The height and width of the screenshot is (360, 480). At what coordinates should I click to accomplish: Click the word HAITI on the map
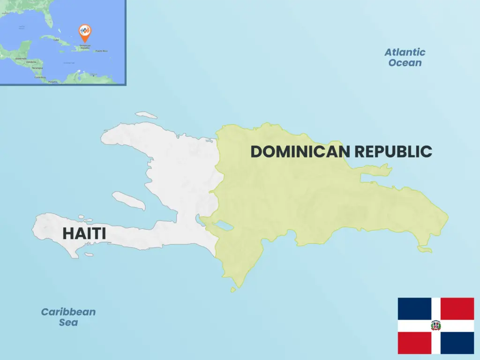click(x=84, y=233)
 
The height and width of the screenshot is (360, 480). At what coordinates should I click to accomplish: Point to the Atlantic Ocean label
click(x=405, y=57)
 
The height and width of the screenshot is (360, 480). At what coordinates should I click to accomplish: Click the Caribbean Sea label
click(x=68, y=317)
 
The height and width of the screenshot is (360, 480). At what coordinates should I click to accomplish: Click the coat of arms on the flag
click(x=436, y=325)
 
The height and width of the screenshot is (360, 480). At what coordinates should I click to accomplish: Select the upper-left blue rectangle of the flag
click(x=414, y=308)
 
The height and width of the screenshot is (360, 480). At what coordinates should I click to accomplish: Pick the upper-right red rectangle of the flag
click(x=457, y=308)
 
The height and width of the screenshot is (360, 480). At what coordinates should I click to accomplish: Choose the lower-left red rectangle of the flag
click(x=414, y=343)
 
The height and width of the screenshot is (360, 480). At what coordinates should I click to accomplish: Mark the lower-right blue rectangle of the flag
click(x=457, y=343)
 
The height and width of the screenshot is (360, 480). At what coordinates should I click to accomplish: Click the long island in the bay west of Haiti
click(x=129, y=200)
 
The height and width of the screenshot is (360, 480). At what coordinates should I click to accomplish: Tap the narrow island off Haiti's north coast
click(x=146, y=115)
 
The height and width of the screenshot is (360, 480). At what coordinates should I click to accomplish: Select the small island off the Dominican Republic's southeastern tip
click(x=425, y=249)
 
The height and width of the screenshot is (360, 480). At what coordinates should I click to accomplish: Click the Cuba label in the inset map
click(x=57, y=40)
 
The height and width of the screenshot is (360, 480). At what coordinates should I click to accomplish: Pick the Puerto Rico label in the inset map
click(x=102, y=51)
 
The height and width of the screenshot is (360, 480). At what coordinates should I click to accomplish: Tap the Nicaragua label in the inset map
click(x=37, y=68)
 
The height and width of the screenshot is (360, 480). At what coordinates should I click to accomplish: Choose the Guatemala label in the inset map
click(x=21, y=59)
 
